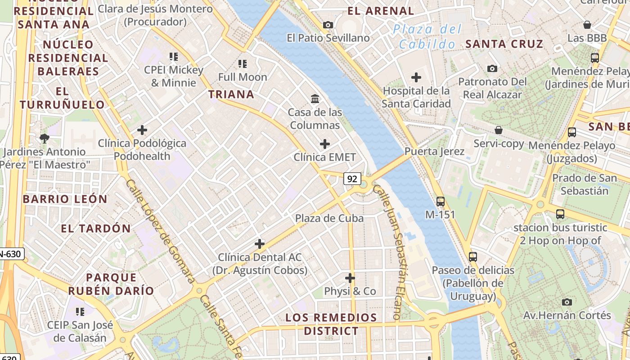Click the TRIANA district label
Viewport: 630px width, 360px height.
[x=231, y=94]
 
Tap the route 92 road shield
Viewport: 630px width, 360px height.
[x=352, y=179]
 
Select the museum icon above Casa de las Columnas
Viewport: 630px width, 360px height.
[x=315, y=99]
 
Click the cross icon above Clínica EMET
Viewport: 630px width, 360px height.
[x=324, y=144]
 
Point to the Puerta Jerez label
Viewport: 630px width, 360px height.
[x=434, y=151]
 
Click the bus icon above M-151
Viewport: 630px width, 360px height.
[x=440, y=201]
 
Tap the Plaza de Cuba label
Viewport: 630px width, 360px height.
[x=329, y=218]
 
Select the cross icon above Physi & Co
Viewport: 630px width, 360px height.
[x=350, y=278]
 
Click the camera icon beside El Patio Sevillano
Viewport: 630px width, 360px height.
[x=328, y=25]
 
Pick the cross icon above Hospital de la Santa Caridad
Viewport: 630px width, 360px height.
[x=416, y=77]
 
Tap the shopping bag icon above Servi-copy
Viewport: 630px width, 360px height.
[x=499, y=130]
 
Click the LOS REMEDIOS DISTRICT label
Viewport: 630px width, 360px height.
[x=331, y=324]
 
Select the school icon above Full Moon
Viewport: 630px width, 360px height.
[x=243, y=64]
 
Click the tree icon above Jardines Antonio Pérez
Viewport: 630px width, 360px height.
[x=44, y=138]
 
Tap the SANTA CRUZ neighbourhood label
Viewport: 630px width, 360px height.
[x=504, y=44]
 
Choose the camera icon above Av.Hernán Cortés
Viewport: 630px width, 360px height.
[x=567, y=302]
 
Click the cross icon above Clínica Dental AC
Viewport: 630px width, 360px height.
[x=259, y=244]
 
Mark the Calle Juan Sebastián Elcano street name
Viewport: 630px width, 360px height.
[x=390, y=252]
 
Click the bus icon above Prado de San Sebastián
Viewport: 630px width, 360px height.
[x=571, y=132]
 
